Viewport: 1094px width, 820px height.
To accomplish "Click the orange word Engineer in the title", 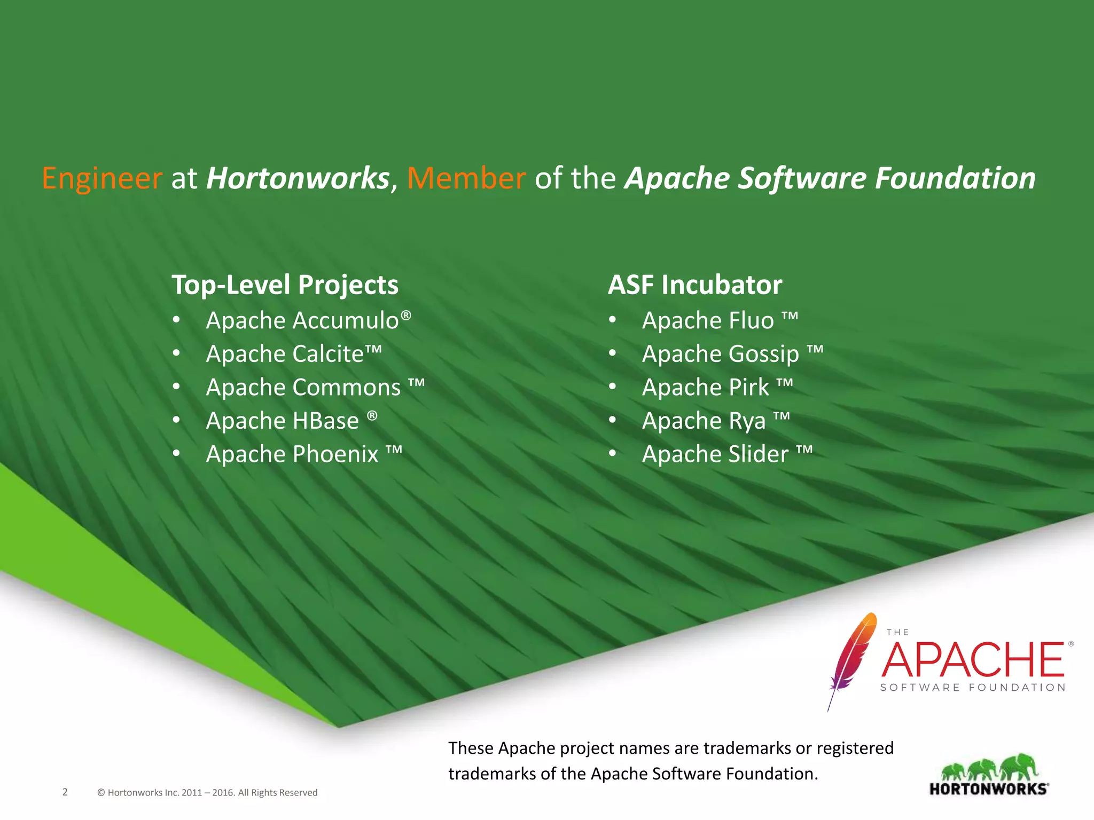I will [102, 178].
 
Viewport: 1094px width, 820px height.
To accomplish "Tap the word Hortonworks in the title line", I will [298, 178].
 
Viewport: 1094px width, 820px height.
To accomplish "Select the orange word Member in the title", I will [466, 178].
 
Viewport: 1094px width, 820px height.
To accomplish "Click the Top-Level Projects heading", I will [285, 285].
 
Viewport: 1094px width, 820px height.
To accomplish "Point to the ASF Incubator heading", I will [694, 285].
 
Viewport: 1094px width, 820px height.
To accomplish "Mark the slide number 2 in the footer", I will [65, 792].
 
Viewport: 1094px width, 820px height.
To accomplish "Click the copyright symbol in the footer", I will [101, 793].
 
